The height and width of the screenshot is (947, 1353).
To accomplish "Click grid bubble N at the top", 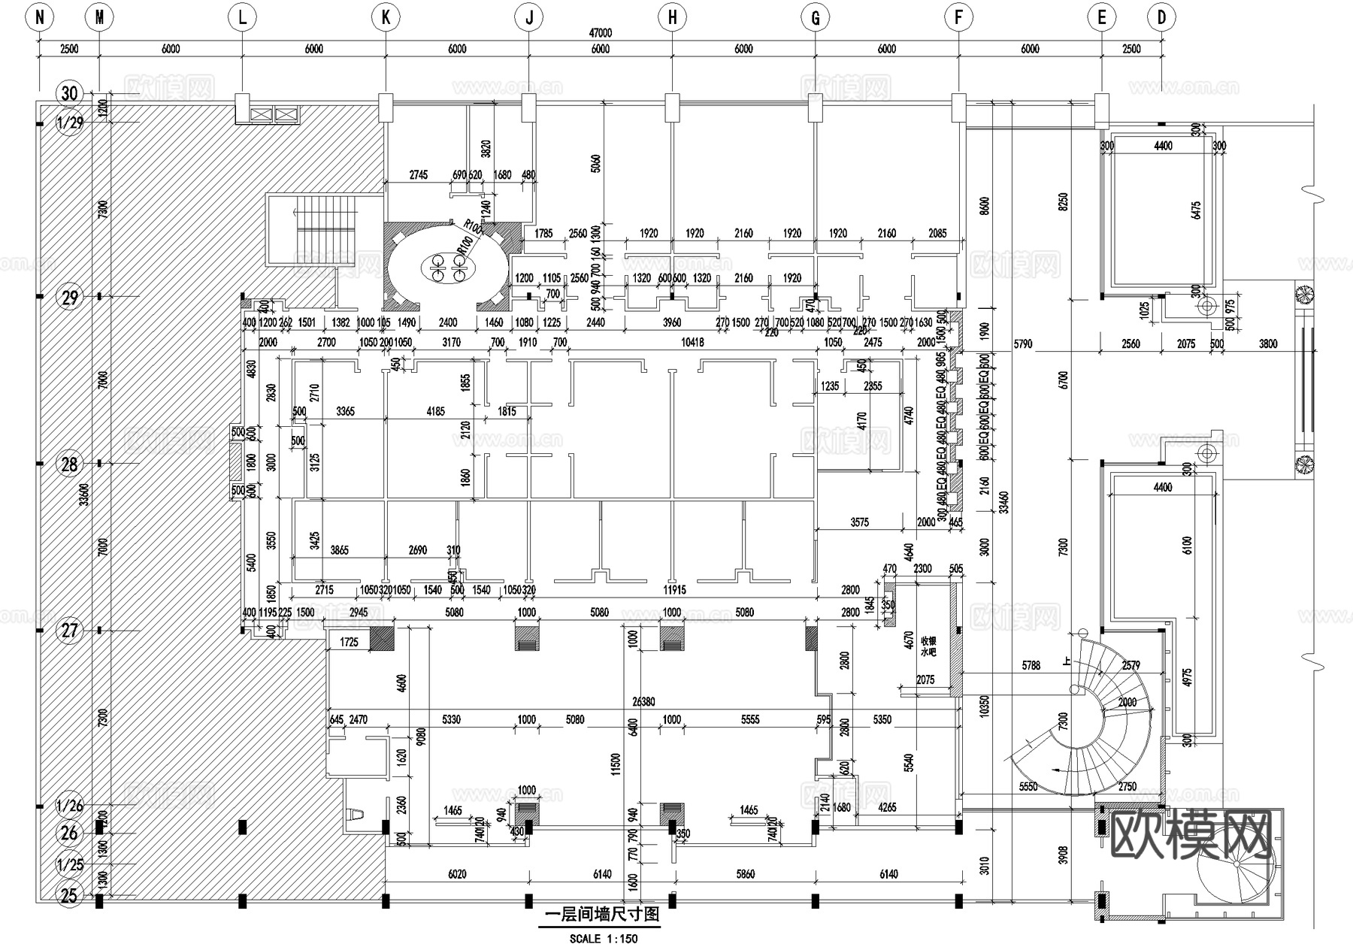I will click(x=39, y=17).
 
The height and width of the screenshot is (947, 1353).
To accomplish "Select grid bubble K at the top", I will click(x=386, y=17).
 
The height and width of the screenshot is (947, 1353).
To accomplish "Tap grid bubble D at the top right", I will click(x=1161, y=17).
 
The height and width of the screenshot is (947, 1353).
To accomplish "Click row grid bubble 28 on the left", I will click(x=69, y=464).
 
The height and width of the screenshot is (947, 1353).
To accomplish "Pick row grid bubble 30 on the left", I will click(x=69, y=93).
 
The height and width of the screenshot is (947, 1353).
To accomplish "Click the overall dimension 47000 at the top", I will click(x=600, y=33).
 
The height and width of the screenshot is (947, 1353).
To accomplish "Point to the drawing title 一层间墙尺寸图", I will click(x=601, y=915).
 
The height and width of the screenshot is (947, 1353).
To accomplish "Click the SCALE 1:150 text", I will click(x=603, y=938).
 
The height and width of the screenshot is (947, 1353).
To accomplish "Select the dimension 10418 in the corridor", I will click(x=692, y=343).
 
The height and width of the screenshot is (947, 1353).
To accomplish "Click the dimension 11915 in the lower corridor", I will click(x=674, y=590).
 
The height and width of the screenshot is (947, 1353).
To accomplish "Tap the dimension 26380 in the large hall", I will click(x=643, y=702).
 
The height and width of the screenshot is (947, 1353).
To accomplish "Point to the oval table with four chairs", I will click(x=449, y=268).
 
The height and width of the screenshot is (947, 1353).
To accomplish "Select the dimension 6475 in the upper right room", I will click(x=1196, y=216).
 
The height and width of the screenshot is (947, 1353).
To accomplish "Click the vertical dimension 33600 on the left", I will click(x=84, y=495).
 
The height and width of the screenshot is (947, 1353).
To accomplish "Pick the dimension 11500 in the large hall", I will click(x=616, y=764).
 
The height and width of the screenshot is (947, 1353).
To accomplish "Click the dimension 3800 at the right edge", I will click(x=1267, y=343).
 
